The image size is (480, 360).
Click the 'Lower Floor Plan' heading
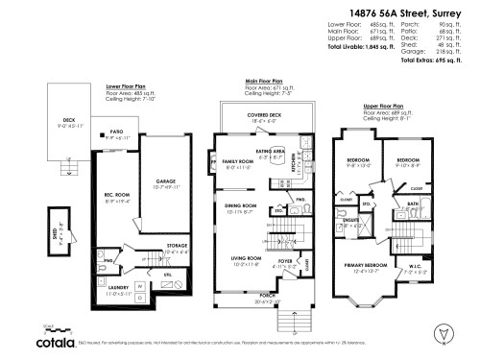(x=126, y=85)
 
